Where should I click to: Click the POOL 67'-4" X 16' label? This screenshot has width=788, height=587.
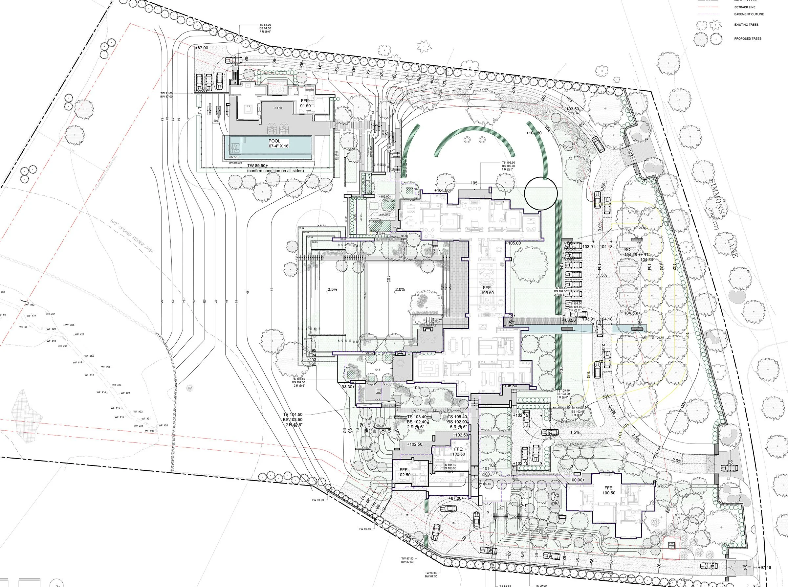tap(274, 143)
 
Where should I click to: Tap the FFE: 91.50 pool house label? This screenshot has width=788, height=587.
tap(305, 103)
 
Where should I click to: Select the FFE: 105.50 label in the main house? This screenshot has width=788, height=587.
tap(487, 290)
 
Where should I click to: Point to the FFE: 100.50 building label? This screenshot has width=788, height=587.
tap(609, 490)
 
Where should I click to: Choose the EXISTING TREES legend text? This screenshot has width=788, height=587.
tap(746, 25)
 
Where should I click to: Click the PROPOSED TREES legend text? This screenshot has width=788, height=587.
tap(748, 39)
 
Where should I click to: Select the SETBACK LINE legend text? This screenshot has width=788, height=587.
tap(745, 7)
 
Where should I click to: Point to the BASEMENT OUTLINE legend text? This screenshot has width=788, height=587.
tap(749, 14)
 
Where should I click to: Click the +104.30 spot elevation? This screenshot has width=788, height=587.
tap(534, 133)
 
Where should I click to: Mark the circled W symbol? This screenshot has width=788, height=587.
tap(190, 388)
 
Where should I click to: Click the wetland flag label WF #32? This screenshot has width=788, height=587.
tap(30, 305)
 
